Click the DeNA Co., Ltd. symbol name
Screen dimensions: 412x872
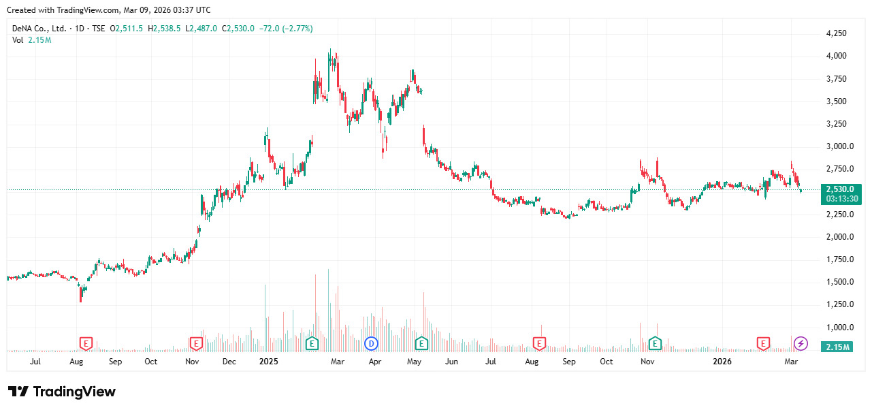tap(39, 29)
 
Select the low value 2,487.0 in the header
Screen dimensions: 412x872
tap(204, 29)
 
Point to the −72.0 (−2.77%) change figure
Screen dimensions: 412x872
tap(287, 29)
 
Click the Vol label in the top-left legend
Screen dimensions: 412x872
tap(18, 40)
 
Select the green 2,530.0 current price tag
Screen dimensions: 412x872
tap(840, 189)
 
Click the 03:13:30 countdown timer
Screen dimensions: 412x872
tap(840, 199)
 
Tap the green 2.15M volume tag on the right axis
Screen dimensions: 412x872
tap(837, 347)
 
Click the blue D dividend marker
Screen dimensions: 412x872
tap(371, 343)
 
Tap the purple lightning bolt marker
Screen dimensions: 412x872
tap(801, 343)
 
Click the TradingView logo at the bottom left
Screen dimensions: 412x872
tap(62, 392)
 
